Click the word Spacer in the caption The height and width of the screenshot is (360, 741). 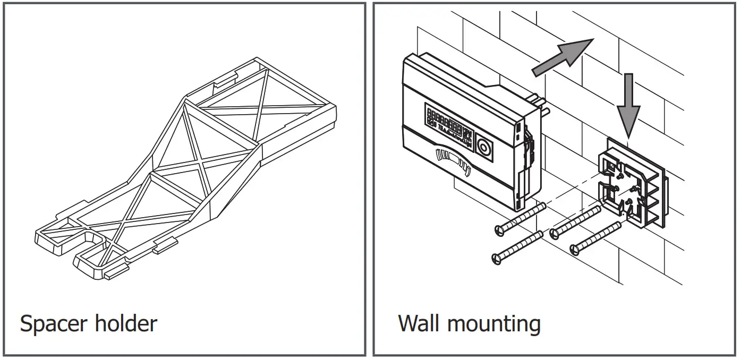tap(53, 323)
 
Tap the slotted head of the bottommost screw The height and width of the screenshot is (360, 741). tap(498, 259)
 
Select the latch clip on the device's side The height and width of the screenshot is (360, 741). tap(529, 146)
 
